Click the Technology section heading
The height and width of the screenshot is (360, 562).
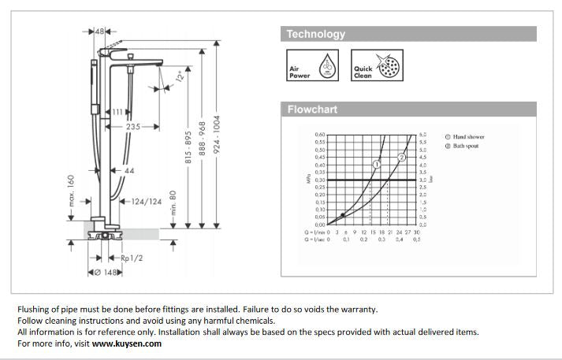pos(315,34)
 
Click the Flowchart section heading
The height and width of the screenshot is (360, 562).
pos(311,109)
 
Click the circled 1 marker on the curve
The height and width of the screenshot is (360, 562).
pos(377,164)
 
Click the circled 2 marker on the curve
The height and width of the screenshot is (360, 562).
pos(402,158)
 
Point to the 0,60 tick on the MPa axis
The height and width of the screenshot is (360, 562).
pos(320,135)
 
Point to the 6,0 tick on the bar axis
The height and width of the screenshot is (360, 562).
pos(422,135)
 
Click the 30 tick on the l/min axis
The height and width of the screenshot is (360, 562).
pos(417,232)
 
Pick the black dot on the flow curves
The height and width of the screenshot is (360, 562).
pos(342,214)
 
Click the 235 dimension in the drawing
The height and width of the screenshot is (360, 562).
pos(134,126)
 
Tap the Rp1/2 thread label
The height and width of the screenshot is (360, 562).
pos(132,258)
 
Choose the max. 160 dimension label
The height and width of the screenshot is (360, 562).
pos(71,191)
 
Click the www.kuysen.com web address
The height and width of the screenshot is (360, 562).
pos(126,343)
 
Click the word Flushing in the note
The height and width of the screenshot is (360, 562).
pos(35,310)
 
